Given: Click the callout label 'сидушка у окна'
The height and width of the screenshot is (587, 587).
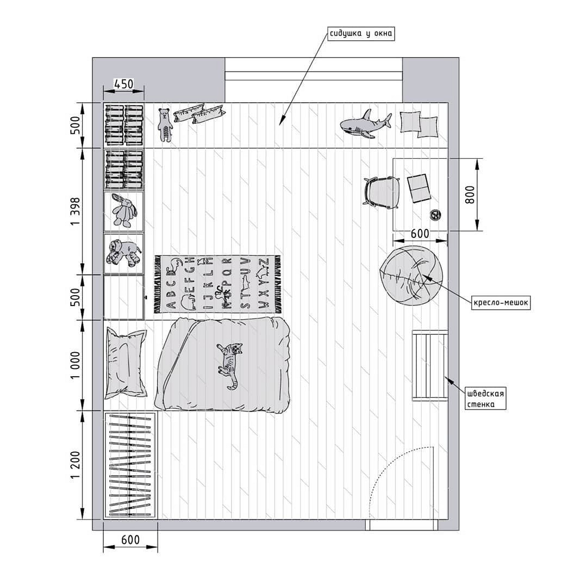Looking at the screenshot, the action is pos(361,34).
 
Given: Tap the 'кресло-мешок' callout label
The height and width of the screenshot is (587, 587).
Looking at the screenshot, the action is pos(501,303).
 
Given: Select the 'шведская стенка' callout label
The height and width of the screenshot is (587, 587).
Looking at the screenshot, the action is pos(485,399).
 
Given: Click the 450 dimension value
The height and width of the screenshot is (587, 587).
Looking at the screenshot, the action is pos(123,84).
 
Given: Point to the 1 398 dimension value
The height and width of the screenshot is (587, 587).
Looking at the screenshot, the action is pos(75,211).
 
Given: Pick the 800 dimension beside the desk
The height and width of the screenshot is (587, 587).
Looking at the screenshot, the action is pos(470,195).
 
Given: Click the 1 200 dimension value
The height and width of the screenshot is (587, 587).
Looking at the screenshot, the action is pos(75,465).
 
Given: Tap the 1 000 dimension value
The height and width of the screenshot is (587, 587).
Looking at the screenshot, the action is pos(75,365).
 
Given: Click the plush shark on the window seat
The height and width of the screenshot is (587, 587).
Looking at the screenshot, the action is pos(365,124).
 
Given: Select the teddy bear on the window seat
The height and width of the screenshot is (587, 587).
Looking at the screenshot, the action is pos(165,124).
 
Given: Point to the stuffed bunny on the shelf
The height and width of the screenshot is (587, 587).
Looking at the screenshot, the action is pos(124,211).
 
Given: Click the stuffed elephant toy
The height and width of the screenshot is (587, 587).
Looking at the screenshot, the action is pos(123,253).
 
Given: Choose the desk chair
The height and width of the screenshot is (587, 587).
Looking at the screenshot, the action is pos(381,192).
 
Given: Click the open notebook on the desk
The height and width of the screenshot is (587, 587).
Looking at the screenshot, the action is pos(419,188).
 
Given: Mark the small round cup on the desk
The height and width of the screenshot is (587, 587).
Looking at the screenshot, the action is pos(435,215).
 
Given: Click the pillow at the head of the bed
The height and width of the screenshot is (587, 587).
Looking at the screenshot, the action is pos(126,364).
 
